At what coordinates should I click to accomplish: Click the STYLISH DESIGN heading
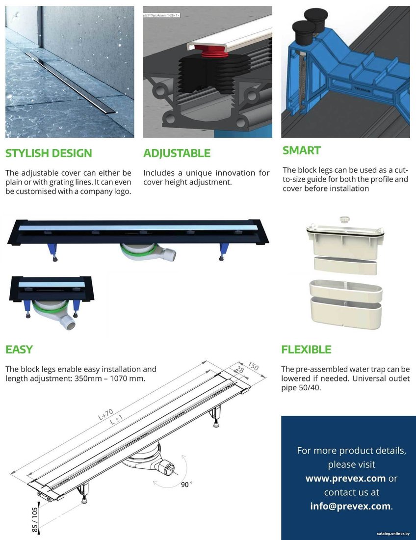49,153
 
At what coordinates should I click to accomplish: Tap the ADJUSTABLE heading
177,153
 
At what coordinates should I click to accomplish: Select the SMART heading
302,151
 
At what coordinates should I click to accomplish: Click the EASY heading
19,349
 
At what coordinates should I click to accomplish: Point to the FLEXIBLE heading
306,349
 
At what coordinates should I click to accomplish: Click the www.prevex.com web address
345,478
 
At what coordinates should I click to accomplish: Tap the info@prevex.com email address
350,506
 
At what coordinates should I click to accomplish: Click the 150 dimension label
253,366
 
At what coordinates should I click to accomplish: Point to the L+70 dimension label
105,414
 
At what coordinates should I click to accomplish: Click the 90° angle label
186,485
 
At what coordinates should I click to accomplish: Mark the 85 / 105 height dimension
35,520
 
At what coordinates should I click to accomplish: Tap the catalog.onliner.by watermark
393,534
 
